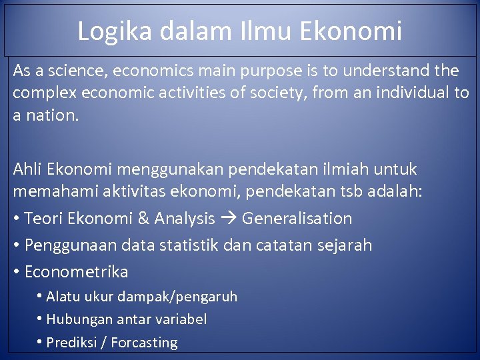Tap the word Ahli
(x=27, y=169)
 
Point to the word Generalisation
(x=297, y=218)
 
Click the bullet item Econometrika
(x=76, y=271)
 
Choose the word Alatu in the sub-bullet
(x=63, y=296)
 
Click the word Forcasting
(x=144, y=343)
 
